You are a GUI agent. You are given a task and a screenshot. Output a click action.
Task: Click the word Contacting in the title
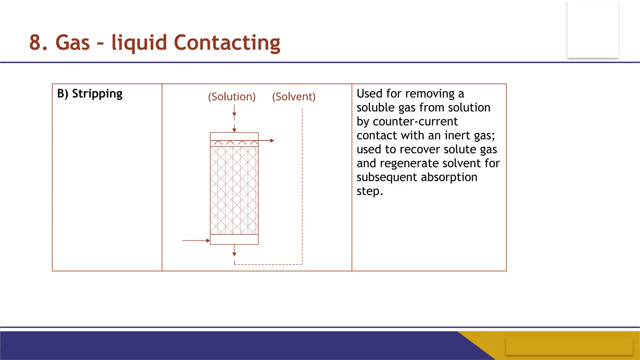tap(227, 42)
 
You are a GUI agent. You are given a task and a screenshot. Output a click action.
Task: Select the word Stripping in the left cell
tap(97, 94)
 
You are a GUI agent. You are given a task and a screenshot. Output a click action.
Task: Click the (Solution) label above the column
tap(232, 97)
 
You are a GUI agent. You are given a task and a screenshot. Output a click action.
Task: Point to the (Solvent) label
tap(294, 97)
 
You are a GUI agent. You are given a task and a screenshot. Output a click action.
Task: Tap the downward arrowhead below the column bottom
tap(234, 254)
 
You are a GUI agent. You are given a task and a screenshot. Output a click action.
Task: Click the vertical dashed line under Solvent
tap(302, 187)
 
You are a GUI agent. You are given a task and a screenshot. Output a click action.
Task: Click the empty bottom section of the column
tap(234, 239)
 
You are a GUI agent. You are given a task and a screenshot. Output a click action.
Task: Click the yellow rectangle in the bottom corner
tap(569, 346)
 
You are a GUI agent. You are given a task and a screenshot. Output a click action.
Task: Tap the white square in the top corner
tap(593, 29)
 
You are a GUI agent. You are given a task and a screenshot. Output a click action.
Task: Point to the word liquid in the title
tap(139, 42)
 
